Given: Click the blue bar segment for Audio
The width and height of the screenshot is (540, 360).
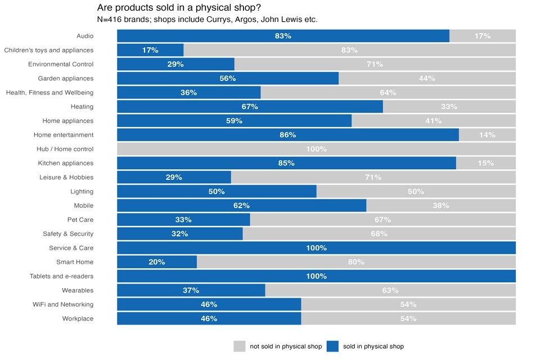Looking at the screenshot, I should pos(283,36).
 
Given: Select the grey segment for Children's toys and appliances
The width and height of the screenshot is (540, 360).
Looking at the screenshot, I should pos(349,50).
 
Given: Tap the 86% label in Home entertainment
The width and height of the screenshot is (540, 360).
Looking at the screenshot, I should pos(287,135).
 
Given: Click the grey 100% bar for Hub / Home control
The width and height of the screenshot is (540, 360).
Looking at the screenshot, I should pos(316,149).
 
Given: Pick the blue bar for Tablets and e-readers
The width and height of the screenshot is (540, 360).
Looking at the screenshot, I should pos(316,276).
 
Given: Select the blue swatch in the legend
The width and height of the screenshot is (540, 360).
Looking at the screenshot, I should pos(332,346).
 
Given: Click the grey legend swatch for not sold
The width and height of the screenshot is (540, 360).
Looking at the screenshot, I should pos(240,346).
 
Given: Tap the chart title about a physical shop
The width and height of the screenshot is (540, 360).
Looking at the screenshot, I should pos(179,8).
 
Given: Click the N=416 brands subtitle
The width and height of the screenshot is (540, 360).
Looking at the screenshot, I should pos(208,20).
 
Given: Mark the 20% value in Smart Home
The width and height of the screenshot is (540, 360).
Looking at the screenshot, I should pos(157,262).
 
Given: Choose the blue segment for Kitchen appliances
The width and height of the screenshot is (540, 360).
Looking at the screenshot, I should pos(286,163).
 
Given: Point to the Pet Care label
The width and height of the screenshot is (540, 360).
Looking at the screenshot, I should pos(80,219).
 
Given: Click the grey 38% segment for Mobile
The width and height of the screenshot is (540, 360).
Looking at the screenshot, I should pos(441,205).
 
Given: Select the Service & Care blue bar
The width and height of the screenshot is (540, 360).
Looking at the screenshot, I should pos(316,248).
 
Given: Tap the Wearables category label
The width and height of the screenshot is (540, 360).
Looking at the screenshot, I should pos(78,290).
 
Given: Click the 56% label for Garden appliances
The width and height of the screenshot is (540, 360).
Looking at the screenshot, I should pos(227,78).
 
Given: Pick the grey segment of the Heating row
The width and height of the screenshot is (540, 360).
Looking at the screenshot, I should pos(449,106).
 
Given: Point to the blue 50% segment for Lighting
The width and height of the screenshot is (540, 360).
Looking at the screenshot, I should pos(217,191).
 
